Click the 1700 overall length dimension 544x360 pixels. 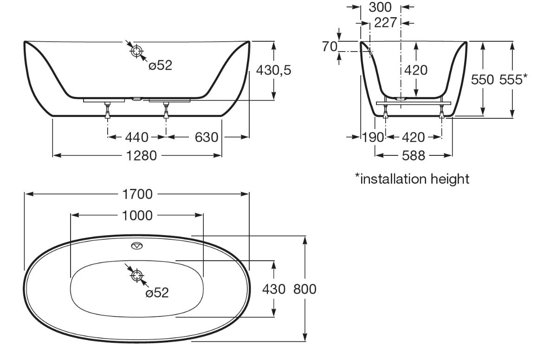[x=137, y=194]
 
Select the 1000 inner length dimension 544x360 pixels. [x=137, y=216]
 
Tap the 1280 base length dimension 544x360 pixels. [x=142, y=156]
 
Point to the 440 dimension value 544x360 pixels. [x=137, y=137]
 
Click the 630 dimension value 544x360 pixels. [x=207, y=137]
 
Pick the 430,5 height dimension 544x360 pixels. [x=274, y=70]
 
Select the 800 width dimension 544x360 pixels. [x=305, y=289]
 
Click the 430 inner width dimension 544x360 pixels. [x=274, y=289]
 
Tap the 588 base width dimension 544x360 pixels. [x=414, y=156]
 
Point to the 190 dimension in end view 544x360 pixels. [x=374, y=137]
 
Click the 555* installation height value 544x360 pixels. [x=513, y=79]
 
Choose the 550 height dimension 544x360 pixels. [x=482, y=79]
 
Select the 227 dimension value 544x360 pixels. [x=385, y=23]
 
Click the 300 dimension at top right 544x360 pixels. [x=380, y=7]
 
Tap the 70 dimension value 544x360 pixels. [x=330, y=46]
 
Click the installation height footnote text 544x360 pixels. [x=412, y=179]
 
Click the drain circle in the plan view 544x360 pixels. [x=137, y=276]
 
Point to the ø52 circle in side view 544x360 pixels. [x=137, y=51]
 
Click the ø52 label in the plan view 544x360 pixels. [x=157, y=293]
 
